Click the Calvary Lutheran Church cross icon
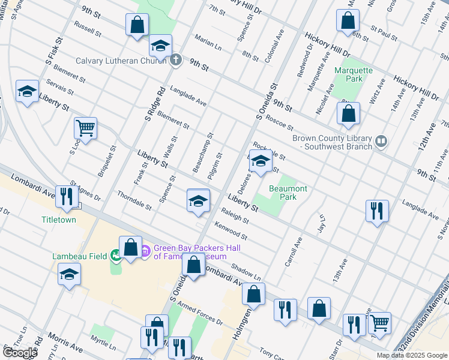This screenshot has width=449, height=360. coord(175,60)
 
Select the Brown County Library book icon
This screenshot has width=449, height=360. coord(381,142)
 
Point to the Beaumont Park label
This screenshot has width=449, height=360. coord(288,193)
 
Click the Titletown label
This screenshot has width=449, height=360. coord(58,220)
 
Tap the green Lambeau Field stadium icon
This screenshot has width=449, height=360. coord(115,256)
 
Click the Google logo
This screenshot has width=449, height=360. coord(20,353)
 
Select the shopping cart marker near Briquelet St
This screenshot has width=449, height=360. coord(85,128)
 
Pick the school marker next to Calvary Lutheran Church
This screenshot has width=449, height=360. coord(160,46)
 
